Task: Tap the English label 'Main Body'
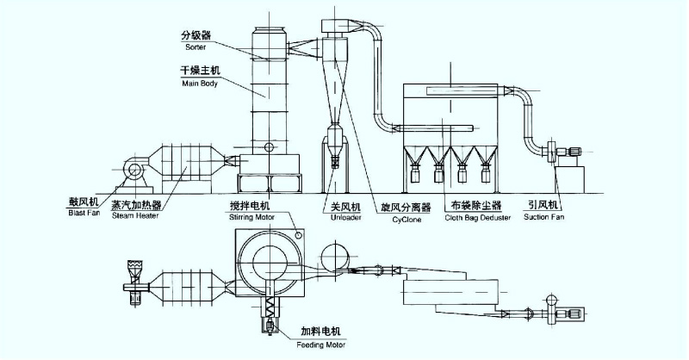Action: (x=199, y=84)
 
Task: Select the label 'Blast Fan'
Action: (x=84, y=216)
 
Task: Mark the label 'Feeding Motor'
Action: (x=324, y=344)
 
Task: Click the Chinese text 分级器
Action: (x=196, y=36)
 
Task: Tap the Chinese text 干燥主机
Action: (x=201, y=71)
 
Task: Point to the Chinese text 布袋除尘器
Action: (x=476, y=206)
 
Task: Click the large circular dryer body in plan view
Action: (x=268, y=259)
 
